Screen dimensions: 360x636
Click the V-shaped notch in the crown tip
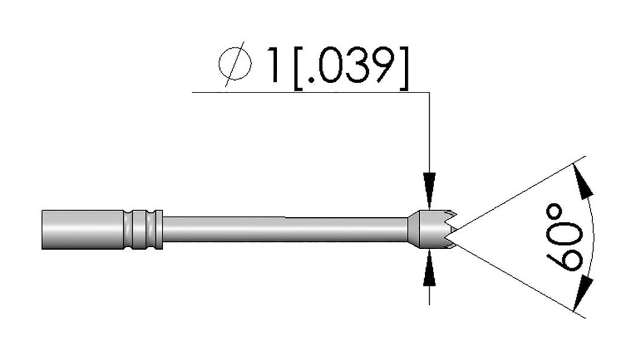click(x=452, y=231)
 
